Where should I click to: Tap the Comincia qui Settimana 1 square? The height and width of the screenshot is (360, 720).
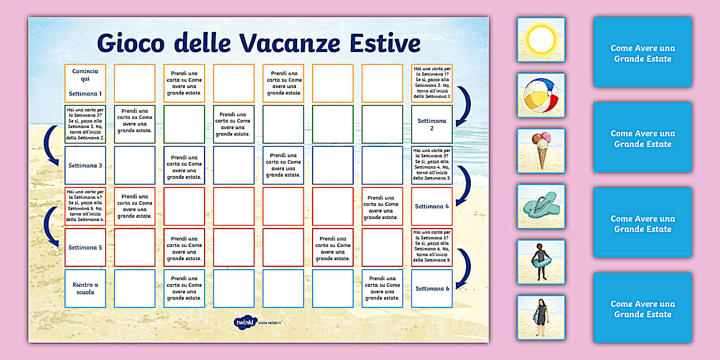click(x=85, y=83)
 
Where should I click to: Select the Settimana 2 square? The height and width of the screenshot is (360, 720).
click(x=431, y=125)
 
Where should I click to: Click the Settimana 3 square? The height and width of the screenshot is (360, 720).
click(x=85, y=166)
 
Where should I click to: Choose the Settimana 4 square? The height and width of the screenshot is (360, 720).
click(x=431, y=206)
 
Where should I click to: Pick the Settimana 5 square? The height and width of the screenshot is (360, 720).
click(x=85, y=247)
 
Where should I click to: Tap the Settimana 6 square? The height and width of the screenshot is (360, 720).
click(x=431, y=289)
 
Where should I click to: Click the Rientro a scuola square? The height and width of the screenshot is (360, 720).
click(x=85, y=289)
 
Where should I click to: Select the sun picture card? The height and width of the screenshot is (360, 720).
click(x=541, y=39)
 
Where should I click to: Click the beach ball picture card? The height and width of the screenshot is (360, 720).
click(x=541, y=95)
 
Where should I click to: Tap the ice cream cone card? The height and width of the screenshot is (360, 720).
click(x=541, y=150)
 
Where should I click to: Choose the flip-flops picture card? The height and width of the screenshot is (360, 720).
click(x=541, y=206)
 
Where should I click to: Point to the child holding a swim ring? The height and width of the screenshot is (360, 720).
click(x=541, y=262)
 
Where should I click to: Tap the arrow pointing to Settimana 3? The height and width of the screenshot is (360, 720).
click(x=54, y=145)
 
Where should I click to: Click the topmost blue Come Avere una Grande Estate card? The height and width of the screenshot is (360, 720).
click(x=642, y=53)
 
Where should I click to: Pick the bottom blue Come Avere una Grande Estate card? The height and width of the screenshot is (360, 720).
click(x=642, y=308)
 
